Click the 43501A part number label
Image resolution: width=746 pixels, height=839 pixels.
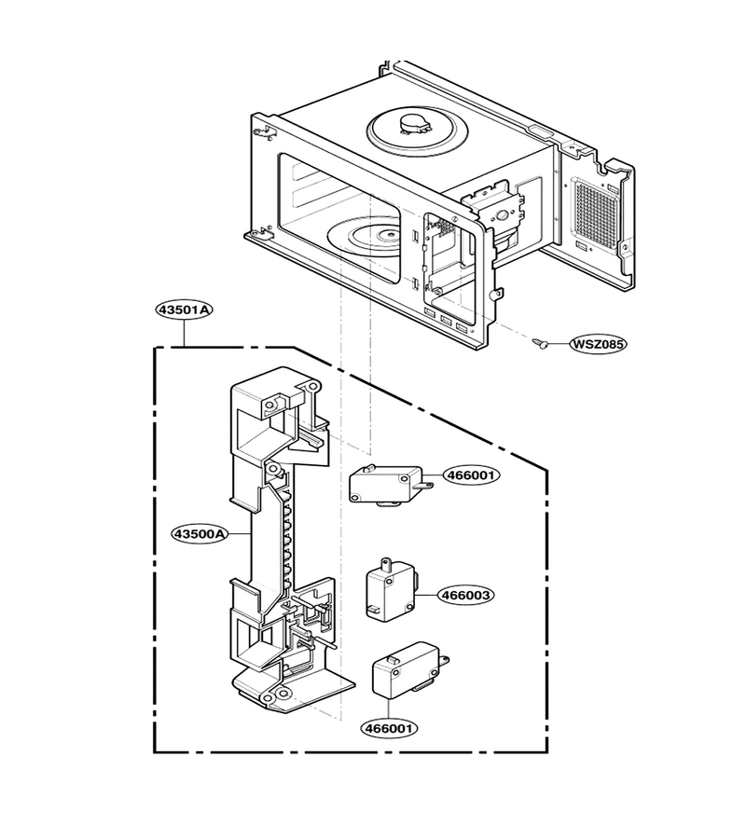point(184,309)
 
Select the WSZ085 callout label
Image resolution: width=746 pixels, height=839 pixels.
point(597,343)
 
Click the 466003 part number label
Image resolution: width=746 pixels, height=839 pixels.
point(465,595)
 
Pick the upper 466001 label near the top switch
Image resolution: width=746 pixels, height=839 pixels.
point(472,475)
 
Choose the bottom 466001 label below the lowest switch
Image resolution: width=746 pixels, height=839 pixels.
point(390,728)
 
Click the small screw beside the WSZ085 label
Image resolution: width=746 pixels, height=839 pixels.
point(541,342)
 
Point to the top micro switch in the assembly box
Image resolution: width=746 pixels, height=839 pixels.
point(390,485)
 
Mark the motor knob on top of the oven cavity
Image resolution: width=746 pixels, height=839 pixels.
point(414,125)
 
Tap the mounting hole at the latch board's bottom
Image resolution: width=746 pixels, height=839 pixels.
point(282,695)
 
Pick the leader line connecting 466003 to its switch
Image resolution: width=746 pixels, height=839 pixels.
point(429,595)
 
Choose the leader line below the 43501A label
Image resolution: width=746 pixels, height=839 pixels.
point(184,332)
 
